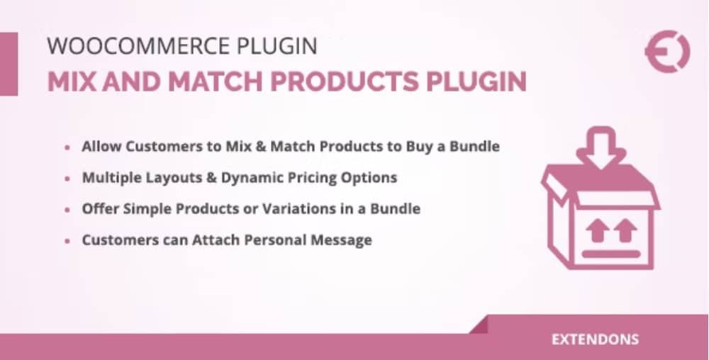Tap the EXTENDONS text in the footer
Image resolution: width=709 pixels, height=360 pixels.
[594, 339]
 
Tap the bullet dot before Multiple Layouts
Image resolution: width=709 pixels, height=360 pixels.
[67, 179]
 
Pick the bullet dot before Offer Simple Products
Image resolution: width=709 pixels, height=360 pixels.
[67, 210]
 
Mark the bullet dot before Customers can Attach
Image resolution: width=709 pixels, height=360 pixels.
[67, 241]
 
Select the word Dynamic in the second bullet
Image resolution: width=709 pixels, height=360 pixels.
[247, 178]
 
